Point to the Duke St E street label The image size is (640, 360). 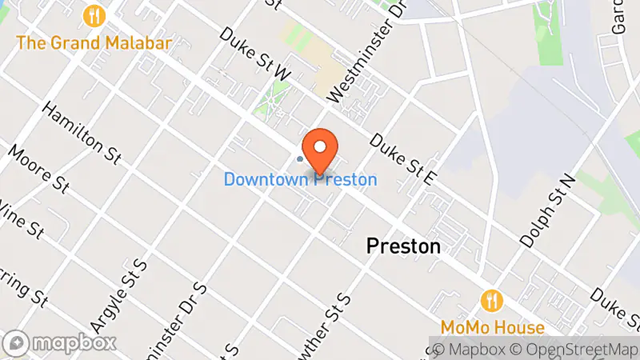[x=401, y=159]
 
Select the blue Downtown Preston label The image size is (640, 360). [x=300, y=179]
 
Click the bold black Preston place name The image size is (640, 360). [x=403, y=246]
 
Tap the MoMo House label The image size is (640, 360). [x=492, y=327]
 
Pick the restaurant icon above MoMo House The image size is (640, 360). [x=492, y=301]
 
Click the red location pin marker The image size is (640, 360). [x=322, y=150]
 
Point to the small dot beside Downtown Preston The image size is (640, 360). [x=300, y=158]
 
